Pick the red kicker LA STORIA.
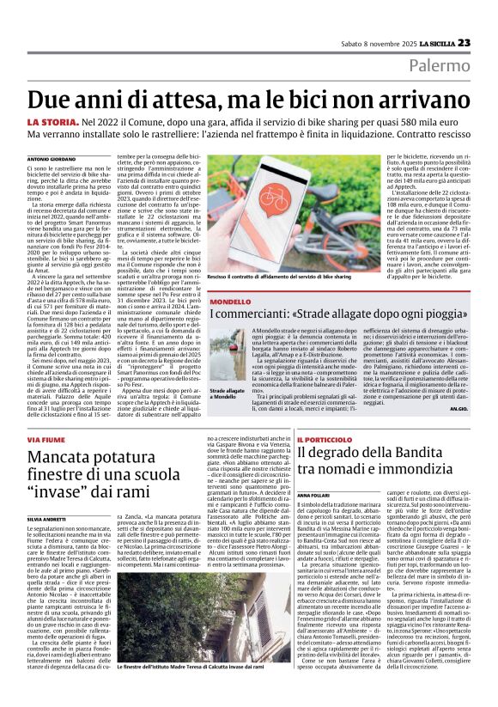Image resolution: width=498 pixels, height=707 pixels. tap(53, 125)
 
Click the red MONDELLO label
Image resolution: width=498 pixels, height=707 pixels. tap(230, 302)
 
